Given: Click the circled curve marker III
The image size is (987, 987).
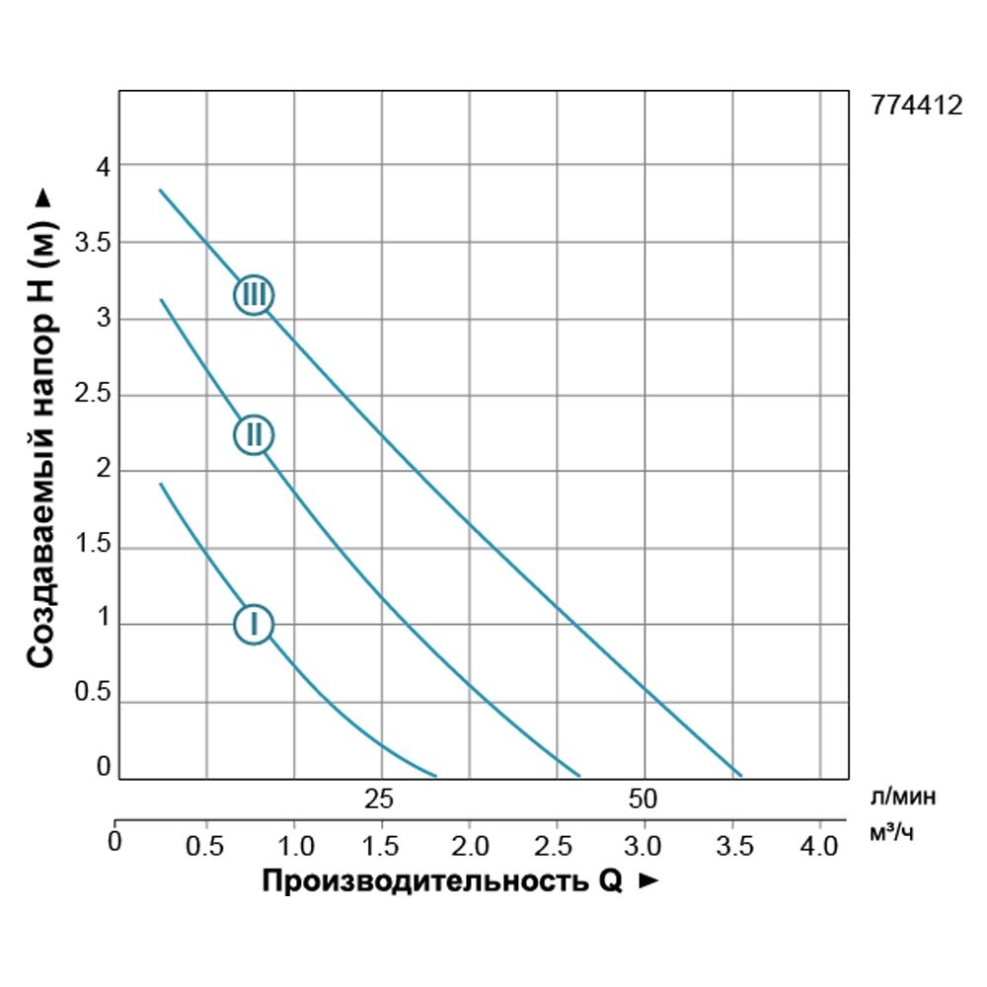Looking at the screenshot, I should point(254,294).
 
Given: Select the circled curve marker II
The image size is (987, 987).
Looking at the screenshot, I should point(254,434).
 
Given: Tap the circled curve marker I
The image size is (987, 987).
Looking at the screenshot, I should point(254,624).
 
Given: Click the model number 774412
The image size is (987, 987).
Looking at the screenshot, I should point(917,107).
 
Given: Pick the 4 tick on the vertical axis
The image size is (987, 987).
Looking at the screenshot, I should point(101,166).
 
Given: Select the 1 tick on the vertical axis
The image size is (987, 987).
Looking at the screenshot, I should point(101,624).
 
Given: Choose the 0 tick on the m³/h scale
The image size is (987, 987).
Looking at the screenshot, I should point(115,842).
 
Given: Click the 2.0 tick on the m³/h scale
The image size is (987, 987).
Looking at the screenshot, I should point(470,846).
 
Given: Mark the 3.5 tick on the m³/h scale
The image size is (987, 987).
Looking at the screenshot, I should point(733,846).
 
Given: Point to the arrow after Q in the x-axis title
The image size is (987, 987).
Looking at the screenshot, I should point(647,881).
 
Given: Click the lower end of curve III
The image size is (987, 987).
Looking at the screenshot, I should point(738,775).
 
